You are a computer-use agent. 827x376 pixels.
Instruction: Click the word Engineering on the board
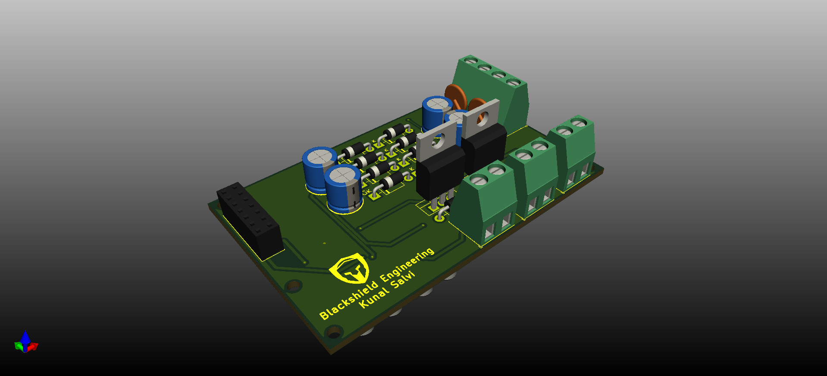pos(407,265)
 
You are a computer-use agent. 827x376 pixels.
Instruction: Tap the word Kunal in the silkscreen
pos(373,298)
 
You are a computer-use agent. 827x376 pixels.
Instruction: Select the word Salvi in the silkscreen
pos(403,279)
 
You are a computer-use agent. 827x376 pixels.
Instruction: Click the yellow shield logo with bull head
pos(350,269)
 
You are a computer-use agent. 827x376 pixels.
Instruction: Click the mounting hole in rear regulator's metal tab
pos(482,116)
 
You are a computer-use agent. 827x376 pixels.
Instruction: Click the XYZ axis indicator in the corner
pos(26,343)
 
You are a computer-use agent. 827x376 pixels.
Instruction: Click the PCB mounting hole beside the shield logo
pos(294,285)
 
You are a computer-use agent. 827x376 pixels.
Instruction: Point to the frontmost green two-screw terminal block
pos(487,203)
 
